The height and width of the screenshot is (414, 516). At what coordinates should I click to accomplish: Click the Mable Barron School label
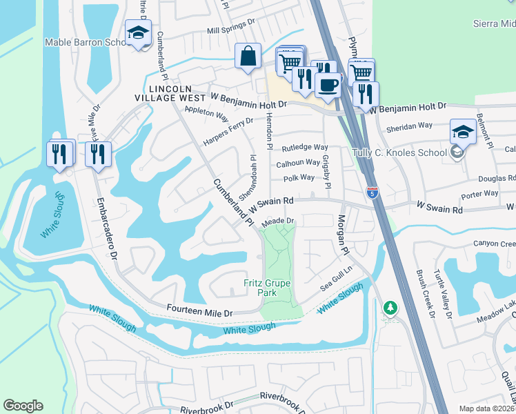click(85, 42)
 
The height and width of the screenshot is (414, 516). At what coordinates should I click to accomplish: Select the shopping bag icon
click(248, 57)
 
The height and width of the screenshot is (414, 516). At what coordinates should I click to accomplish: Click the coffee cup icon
click(328, 84)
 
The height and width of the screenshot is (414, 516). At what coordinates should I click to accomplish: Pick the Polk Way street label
click(298, 178)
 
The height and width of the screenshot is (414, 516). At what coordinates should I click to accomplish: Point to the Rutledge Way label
click(304, 148)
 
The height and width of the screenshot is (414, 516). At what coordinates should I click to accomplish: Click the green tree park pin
click(390, 308)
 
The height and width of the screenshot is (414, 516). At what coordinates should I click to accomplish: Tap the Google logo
click(23, 406)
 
